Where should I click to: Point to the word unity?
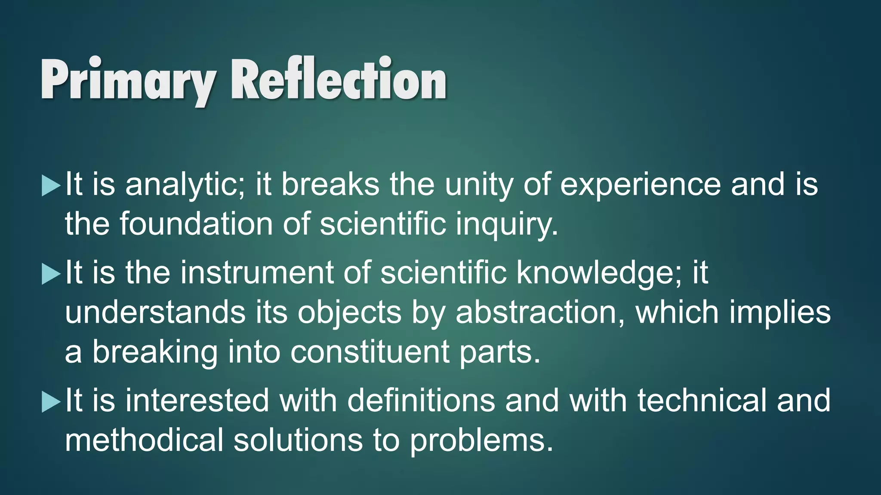[x=479, y=185]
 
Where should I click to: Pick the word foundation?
[x=196, y=224]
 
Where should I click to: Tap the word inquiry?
[x=507, y=224]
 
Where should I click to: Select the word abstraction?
[x=540, y=312]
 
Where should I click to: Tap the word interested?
[x=197, y=400]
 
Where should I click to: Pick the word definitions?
[x=421, y=400]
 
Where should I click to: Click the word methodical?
[x=144, y=440]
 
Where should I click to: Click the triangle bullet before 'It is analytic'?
[x=51, y=186]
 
